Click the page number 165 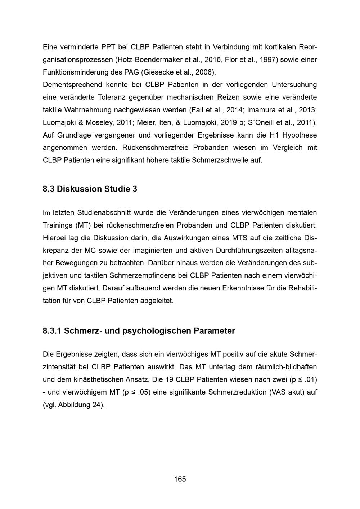click(180, 479)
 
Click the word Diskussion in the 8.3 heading click(79, 189)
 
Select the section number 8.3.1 click(52, 331)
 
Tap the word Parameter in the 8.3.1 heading click(214, 331)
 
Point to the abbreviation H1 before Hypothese click(274, 135)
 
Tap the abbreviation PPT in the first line click(108, 47)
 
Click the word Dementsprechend click(72, 85)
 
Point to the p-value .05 click(144, 392)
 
